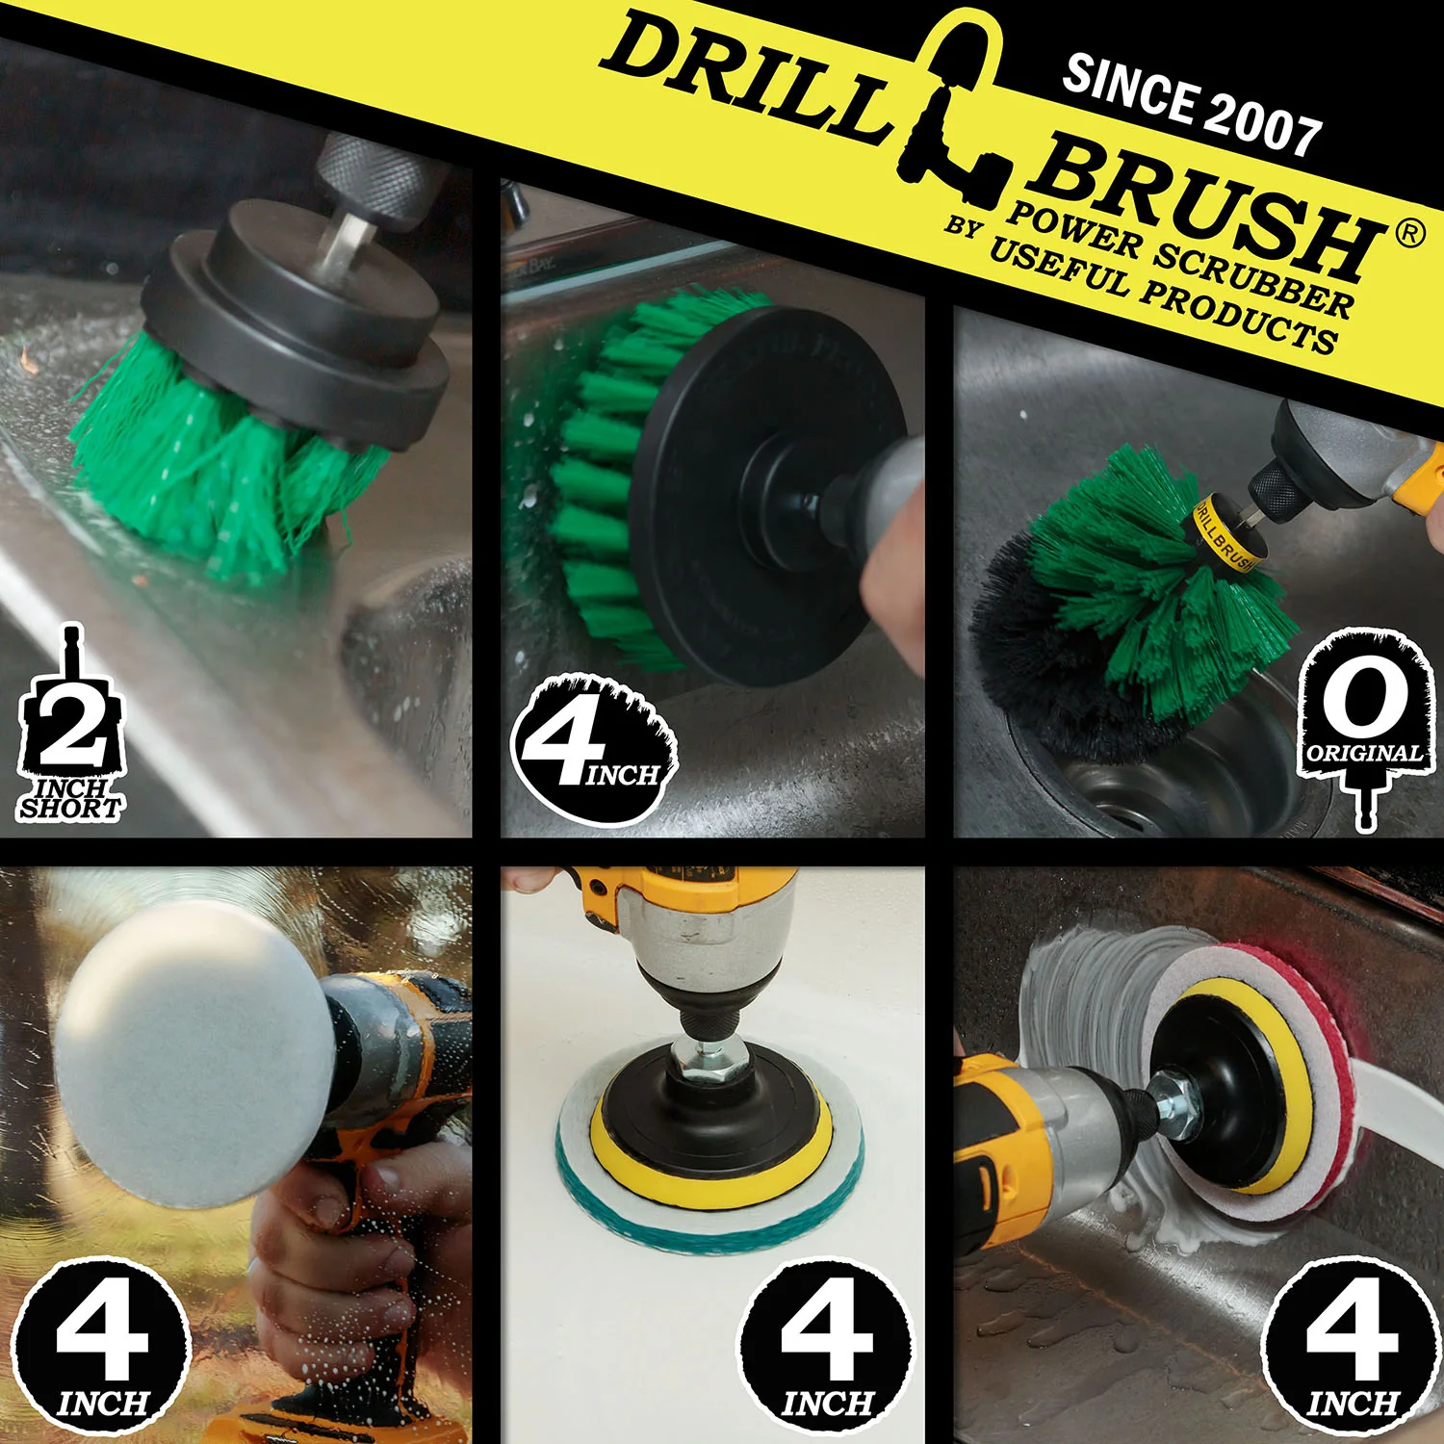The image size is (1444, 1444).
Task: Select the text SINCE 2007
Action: click(1192, 104)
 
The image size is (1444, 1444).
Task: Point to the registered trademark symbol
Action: click(1409, 233)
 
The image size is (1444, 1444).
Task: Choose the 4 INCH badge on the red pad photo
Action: click(1352, 1348)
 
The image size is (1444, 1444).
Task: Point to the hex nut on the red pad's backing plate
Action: click(1176, 1105)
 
